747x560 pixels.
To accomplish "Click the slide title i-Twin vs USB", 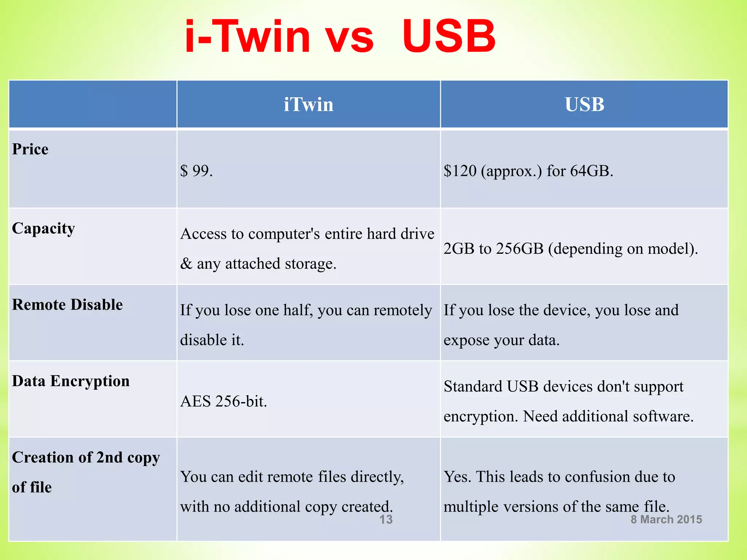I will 340,36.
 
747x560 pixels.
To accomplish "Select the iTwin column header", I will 309,105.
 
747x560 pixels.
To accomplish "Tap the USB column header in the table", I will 584,105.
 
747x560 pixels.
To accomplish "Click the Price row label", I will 30,149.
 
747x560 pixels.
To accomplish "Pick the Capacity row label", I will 43,229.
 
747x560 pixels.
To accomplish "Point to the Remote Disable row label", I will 67,305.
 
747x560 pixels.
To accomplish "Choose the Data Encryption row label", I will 71,381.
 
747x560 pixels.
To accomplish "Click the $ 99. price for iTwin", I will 196,171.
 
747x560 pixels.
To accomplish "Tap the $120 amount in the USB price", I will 460,171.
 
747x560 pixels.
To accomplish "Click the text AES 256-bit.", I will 224,401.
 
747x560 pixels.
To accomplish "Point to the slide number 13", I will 386,520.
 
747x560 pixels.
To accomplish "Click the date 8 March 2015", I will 666,520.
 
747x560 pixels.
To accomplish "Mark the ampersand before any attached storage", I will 186,264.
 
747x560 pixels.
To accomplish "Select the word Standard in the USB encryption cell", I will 473,386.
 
